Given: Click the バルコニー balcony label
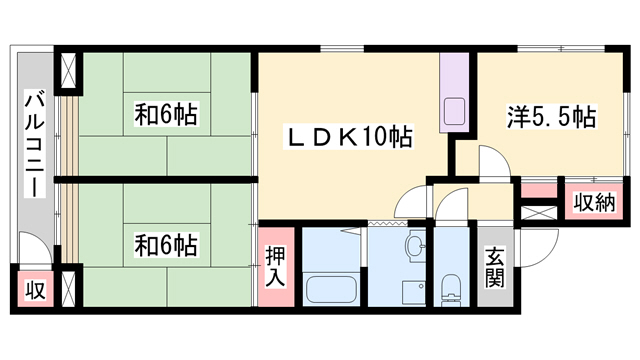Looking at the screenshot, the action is (34, 143).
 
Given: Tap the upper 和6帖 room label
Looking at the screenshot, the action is (166, 114).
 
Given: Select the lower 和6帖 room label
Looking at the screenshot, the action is (166, 245).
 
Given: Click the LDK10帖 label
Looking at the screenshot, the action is (348, 136).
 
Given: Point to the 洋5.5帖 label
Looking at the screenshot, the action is (551, 117).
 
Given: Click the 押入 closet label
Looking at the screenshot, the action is (275, 267).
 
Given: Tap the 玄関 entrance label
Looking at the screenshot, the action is (495, 268).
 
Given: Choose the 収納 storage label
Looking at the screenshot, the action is (594, 202).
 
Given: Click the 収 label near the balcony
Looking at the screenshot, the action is (36, 290).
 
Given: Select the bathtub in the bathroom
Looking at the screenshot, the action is (331, 289).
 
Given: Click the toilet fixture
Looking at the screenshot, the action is (451, 289).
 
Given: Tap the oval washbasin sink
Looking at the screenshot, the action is (415, 246).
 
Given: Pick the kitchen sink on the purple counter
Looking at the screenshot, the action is (454, 111).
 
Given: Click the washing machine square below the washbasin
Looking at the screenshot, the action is (414, 292).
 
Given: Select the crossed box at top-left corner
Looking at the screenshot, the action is (68, 70).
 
